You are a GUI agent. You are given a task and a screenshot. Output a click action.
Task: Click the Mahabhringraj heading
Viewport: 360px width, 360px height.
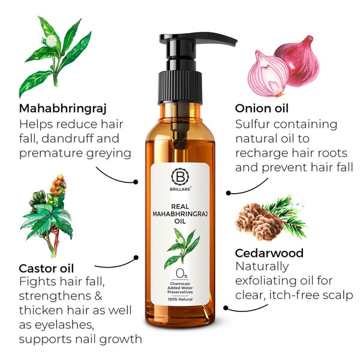point(62,109)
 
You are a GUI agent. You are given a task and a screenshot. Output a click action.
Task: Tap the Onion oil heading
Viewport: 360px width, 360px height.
point(262,109)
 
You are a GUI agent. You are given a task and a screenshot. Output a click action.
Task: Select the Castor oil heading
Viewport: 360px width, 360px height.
point(46,268)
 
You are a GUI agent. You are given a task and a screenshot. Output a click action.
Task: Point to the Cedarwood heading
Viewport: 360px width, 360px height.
point(269,253)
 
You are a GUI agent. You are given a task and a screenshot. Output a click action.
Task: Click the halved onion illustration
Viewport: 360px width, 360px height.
point(268,73)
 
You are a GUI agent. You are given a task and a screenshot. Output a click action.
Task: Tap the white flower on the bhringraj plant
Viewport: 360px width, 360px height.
point(51,41)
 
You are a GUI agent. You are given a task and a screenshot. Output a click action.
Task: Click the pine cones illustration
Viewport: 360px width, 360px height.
point(259,221)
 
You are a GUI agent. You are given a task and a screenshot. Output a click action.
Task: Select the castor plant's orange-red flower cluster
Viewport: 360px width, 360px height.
point(59,184)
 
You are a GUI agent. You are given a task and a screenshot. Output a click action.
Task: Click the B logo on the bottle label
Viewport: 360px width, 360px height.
point(180,176)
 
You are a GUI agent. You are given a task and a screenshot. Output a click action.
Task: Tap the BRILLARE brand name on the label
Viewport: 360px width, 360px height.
point(180,189)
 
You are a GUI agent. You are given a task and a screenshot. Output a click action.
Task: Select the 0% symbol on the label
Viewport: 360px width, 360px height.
point(181,274)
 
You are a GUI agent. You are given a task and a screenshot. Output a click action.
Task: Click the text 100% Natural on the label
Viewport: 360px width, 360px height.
point(180,299)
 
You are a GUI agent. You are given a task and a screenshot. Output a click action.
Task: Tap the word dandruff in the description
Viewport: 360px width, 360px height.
point(68,139)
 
